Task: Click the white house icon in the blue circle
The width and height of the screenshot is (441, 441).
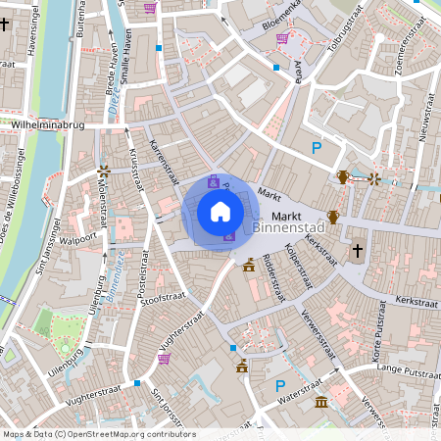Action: pyautogui.click(x=220, y=212)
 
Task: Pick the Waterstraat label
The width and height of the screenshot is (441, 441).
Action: pyautogui.click(x=299, y=399)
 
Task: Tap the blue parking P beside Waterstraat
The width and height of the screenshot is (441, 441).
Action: pyautogui.click(x=280, y=385)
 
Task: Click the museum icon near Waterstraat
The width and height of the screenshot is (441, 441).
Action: pyautogui.click(x=321, y=402)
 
